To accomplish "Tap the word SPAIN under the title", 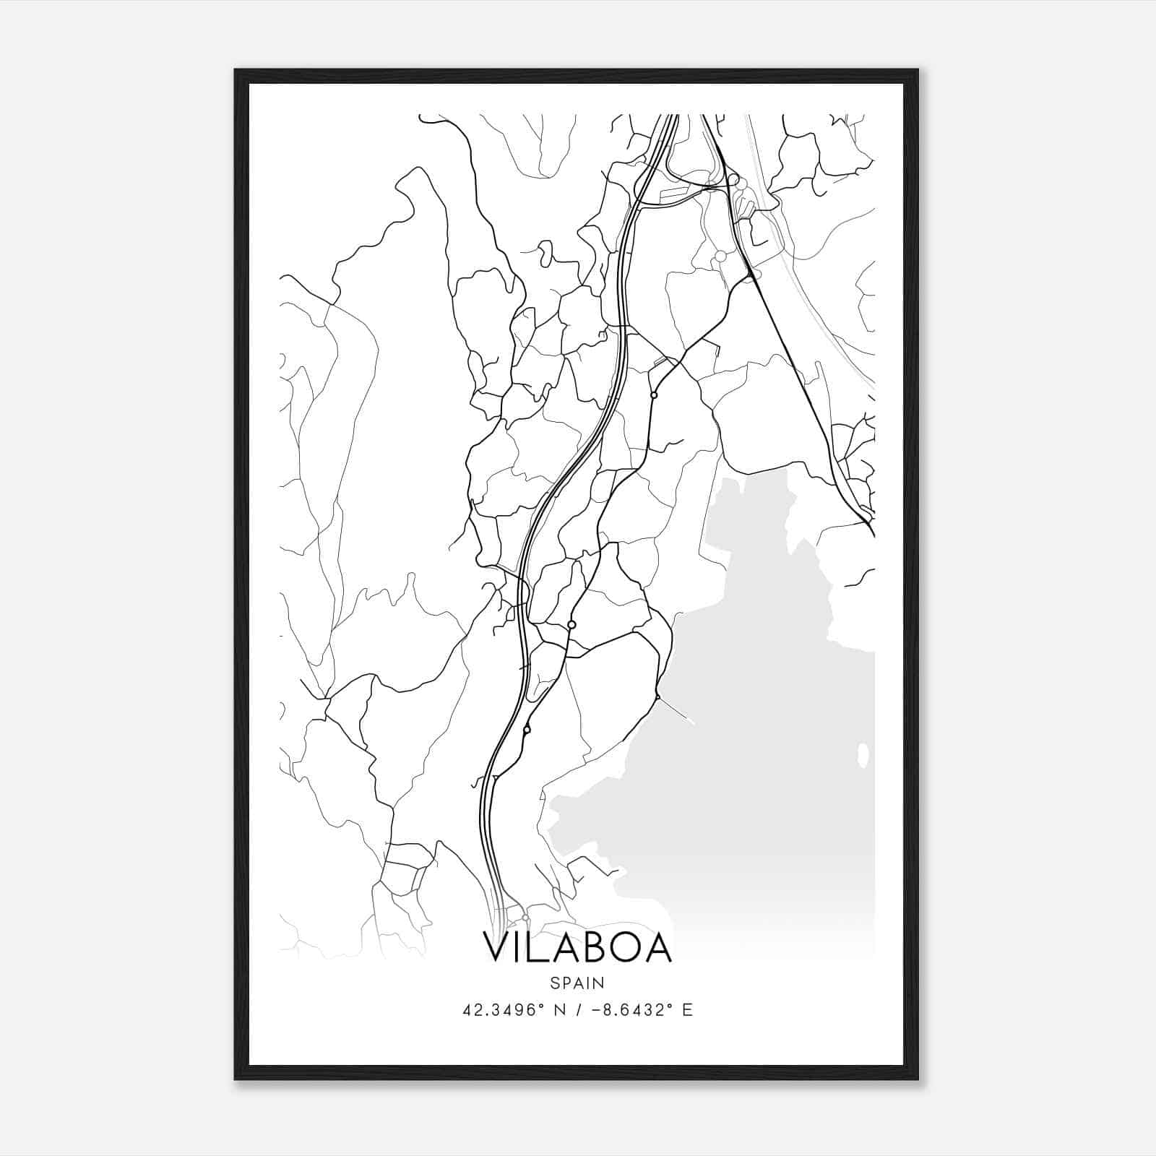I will tap(577, 983).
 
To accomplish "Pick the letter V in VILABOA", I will tap(496, 949).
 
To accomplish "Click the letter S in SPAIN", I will tap(554, 983).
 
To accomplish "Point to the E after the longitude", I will tap(688, 1010).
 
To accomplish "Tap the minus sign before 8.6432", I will tap(597, 1010).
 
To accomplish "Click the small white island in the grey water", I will tap(862, 755).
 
